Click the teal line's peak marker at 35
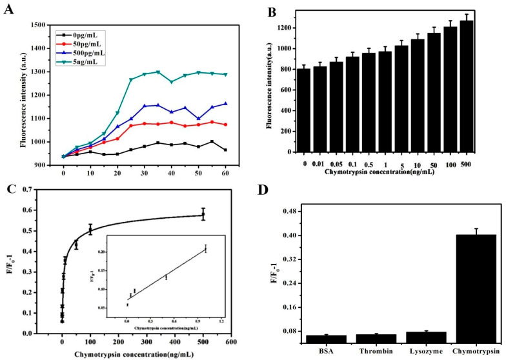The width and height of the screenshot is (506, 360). pyautogui.click(x=157, y=72)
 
